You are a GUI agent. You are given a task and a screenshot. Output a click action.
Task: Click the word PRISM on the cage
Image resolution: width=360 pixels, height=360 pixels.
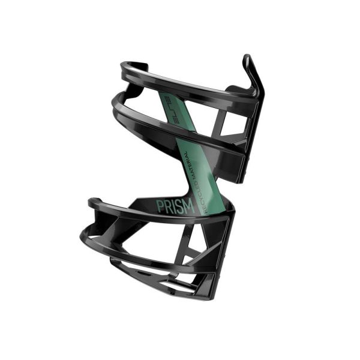175,207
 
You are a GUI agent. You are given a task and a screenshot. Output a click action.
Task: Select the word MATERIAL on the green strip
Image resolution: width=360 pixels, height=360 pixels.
191,164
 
